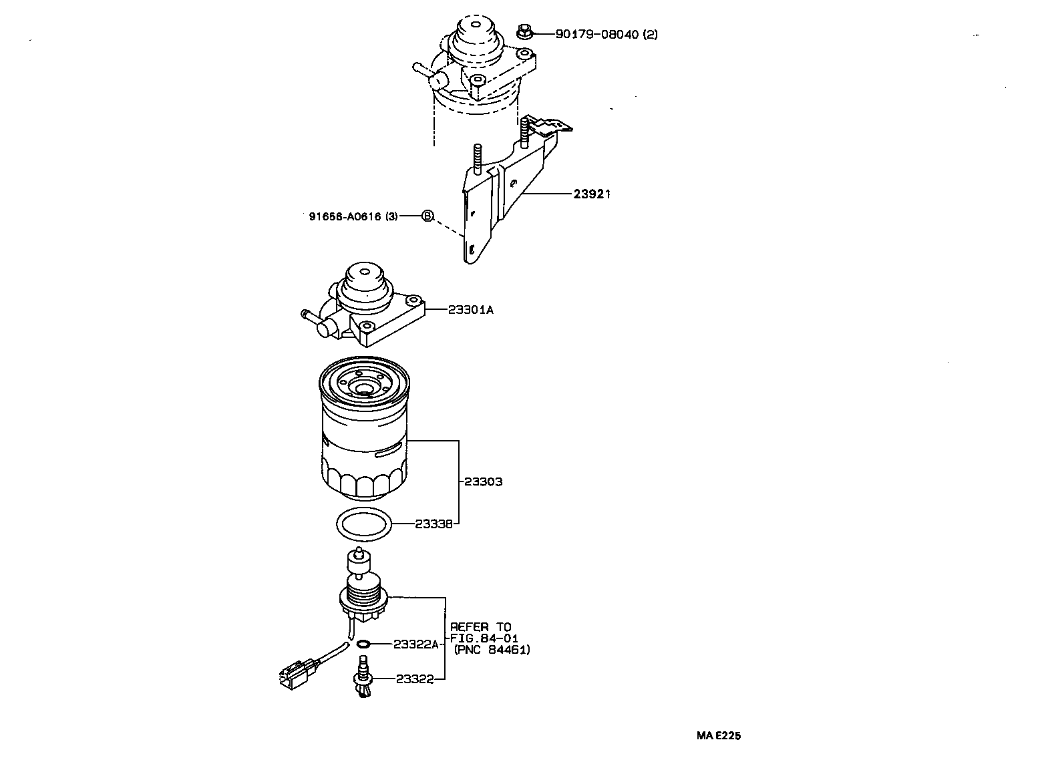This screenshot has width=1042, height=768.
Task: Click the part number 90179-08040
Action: point(597,34)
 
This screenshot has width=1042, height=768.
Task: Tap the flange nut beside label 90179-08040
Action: point(524,31)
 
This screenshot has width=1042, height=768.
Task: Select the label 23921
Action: point(592,194)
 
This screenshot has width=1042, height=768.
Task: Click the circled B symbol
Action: point(427,216)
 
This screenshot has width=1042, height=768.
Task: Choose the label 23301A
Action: point(470,310)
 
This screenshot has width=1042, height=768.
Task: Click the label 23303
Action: point(484,482)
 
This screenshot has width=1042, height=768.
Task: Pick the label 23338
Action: point(434,524)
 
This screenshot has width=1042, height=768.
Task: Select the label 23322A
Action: point(415,644)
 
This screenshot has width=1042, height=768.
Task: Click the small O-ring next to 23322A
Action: point(363,644)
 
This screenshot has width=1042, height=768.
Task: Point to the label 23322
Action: point(415,679)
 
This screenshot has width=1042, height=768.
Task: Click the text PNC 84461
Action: point(492,650)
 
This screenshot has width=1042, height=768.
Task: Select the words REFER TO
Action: point(480,627)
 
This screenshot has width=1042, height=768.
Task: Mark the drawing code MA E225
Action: point(718,736)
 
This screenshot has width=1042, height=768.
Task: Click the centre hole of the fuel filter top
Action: point(364,389)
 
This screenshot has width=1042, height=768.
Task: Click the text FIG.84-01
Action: point(484,638)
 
